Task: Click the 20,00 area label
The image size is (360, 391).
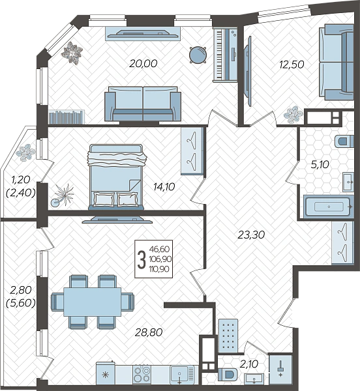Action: (143, 64)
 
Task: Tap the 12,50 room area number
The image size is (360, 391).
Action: (292, 65)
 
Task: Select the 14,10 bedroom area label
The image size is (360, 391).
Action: (164, 186)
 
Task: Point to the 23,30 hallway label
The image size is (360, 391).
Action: (250, 235)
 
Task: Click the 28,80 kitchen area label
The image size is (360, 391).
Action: (149, 332)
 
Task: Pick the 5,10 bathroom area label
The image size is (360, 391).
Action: (320, 165)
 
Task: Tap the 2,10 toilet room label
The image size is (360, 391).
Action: (250, 364)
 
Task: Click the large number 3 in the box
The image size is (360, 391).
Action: (142, 259)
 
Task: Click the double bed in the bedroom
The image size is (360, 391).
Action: (116, 177)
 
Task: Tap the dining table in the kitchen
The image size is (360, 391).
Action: (93, 302)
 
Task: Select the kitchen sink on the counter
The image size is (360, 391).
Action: (179, 374)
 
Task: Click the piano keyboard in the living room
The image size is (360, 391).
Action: (219, 54)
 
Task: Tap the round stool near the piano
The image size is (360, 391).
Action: (198, 55)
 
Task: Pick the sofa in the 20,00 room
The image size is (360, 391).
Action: (143, 104)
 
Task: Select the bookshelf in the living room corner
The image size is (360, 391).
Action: (67, 117)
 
